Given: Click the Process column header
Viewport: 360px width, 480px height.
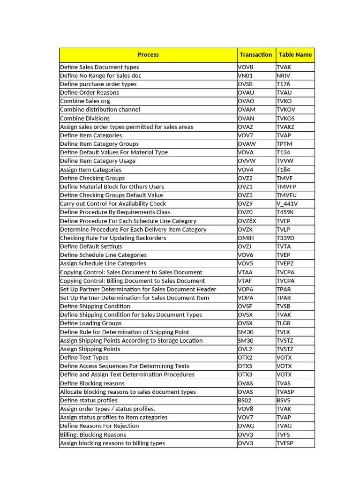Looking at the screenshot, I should (148, 55).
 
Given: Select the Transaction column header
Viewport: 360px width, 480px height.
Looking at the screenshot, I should (255, 55).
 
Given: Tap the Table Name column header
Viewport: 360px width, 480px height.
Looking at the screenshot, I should (295, 55).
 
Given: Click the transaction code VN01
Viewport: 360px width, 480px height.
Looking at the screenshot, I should (245, 75).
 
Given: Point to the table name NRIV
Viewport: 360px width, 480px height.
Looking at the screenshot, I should (284, 75).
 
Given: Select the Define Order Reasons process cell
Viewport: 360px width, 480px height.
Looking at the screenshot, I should (90, 93).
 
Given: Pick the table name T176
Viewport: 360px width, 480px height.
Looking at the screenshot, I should (283, 84).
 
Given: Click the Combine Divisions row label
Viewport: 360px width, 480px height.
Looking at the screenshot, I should (85, 119).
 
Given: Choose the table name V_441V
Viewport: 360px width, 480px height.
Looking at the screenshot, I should (287, 204).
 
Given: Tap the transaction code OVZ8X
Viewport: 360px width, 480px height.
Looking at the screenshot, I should (247, 221).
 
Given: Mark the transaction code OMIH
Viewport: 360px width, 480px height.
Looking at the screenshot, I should (246, 238).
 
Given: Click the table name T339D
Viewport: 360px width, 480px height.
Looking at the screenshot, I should (285, 238).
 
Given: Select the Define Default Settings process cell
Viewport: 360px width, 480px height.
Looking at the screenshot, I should (91, 247).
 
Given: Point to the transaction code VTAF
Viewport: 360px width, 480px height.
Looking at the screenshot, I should (245, 281).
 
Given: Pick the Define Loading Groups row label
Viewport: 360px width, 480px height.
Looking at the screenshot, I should (90, 323).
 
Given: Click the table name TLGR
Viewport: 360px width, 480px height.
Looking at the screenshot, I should (284, 323).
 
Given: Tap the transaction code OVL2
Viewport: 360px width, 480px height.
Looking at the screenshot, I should (245, 349).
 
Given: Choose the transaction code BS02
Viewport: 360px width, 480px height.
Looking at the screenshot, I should (245, 400).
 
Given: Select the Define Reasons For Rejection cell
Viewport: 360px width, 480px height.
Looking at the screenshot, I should (99, 426).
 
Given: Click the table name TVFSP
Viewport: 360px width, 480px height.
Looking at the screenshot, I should (285, 443).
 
